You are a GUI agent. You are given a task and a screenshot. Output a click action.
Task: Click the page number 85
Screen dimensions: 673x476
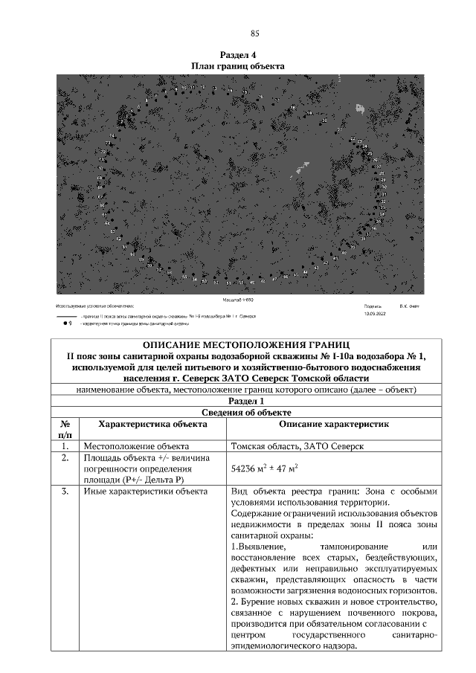click(254, 33)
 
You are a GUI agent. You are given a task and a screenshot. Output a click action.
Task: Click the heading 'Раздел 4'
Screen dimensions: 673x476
click(238, 55)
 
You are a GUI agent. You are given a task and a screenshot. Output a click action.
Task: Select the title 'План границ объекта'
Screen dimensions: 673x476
click(238, 65)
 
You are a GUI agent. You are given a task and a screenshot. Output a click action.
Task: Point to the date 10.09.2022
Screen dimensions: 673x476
click(375, 314)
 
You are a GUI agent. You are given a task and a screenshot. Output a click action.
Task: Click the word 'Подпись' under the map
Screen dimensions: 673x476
click(373, 306)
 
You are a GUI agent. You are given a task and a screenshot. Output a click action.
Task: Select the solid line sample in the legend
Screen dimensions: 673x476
click(66, 316)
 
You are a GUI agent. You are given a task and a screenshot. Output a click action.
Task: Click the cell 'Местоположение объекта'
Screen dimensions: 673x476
click(129, 447)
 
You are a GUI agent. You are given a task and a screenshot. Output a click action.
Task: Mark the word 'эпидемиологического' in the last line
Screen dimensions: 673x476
click(277, 645)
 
